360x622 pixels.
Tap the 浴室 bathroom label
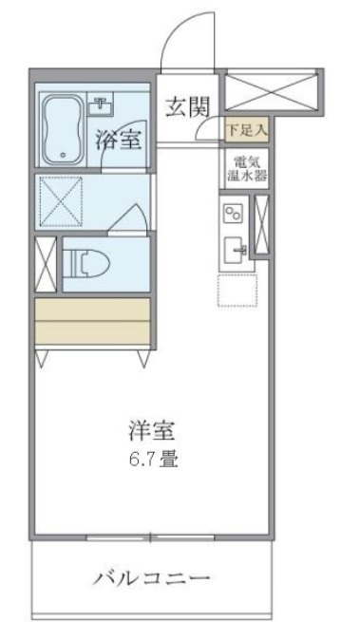pyautogui.click(x=120, y=139)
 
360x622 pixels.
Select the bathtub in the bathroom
pyautogui.click(x=65, y=127)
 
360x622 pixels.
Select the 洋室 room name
pyautogui.click(x=151, y=429)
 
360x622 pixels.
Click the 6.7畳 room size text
pyautogui.click(x=151, y=463)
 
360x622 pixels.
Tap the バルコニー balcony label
pyautogui.click(x=151, y=577)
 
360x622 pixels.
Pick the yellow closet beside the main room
pyautogui.click(x=92, y=322)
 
